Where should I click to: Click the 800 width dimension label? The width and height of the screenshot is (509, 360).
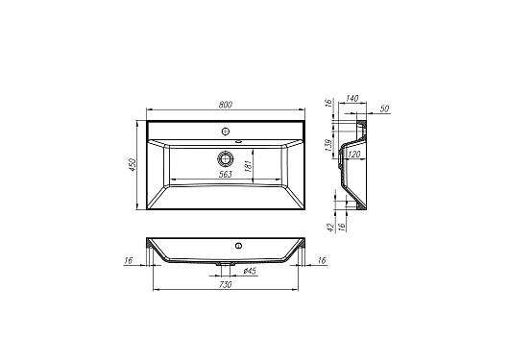(226, 105)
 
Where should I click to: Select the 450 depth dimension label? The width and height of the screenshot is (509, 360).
(132, 165)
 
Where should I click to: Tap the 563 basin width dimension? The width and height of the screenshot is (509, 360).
(226, 175)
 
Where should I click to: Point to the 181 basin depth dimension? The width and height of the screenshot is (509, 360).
(249, 165)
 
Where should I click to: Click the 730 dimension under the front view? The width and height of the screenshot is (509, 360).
(226, 285)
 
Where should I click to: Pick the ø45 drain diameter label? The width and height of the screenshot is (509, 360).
(250, 271)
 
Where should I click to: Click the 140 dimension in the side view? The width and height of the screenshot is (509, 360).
(351, 98)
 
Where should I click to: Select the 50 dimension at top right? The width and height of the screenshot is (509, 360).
(384, 108)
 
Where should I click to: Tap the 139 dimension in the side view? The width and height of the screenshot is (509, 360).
(328, 145)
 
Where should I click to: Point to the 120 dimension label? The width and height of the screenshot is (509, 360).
(353, 155)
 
